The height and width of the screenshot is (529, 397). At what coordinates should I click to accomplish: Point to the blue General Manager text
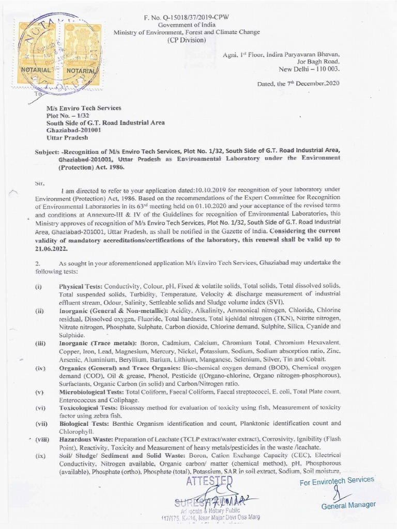point(348,505)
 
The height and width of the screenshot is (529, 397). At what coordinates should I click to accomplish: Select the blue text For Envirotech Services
point(337,481)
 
